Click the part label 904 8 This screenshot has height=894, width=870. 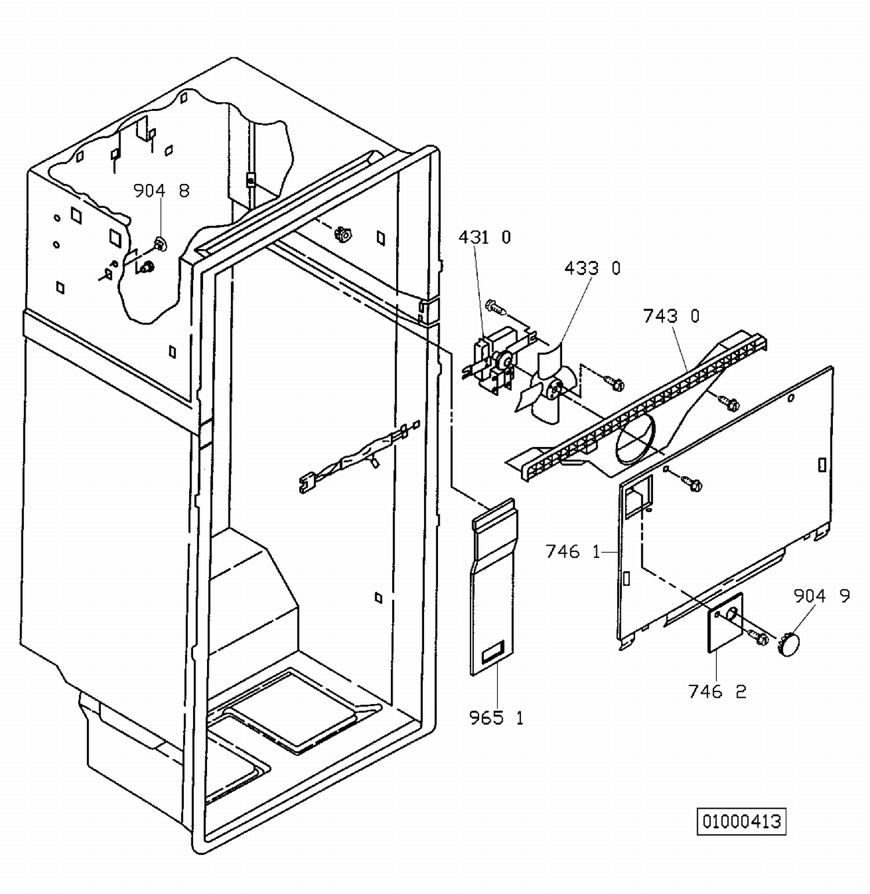tap(161, 191)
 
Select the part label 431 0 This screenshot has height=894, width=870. tap(484, 237)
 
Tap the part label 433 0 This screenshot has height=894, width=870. tap(592, 268)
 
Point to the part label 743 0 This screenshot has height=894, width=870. tap(671, 316)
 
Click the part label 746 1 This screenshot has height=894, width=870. tap(573, 551)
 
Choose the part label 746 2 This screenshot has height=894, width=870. tap(717, 691)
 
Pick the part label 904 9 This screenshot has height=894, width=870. tap(821, 596)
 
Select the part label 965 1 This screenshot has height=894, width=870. tap(496, 718)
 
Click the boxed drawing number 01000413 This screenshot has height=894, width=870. tap(741, 821)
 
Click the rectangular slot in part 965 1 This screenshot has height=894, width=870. tap(493, 653)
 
